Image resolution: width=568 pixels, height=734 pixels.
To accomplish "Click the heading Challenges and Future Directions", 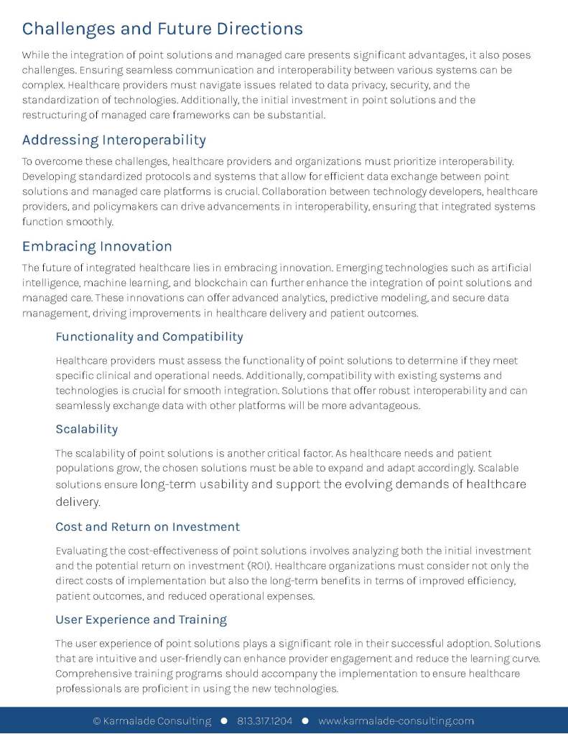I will click(x=162, y=29).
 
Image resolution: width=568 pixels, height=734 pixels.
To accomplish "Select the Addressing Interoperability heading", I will click(x=114, y=139).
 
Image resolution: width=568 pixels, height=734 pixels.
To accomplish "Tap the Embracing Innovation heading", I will click(x=97, y=246).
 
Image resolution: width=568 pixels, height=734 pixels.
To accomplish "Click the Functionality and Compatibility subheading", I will click(x=149, y=337).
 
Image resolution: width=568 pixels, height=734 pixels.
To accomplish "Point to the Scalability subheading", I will click(x=86, y=429).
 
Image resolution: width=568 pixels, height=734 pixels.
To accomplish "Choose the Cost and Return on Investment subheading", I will click(x=147, y=527).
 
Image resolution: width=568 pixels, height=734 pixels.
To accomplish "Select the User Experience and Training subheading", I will click(x=141, y=619).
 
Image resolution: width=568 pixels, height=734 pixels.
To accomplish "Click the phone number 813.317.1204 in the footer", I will click(x=265, y=721).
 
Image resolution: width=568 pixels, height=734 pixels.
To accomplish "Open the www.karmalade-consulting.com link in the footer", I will click(x=396, y=721).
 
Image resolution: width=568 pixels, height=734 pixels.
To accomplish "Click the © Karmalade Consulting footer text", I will click(x=152, y=721).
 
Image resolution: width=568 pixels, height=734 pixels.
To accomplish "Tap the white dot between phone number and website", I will click(x=305, y=720).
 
